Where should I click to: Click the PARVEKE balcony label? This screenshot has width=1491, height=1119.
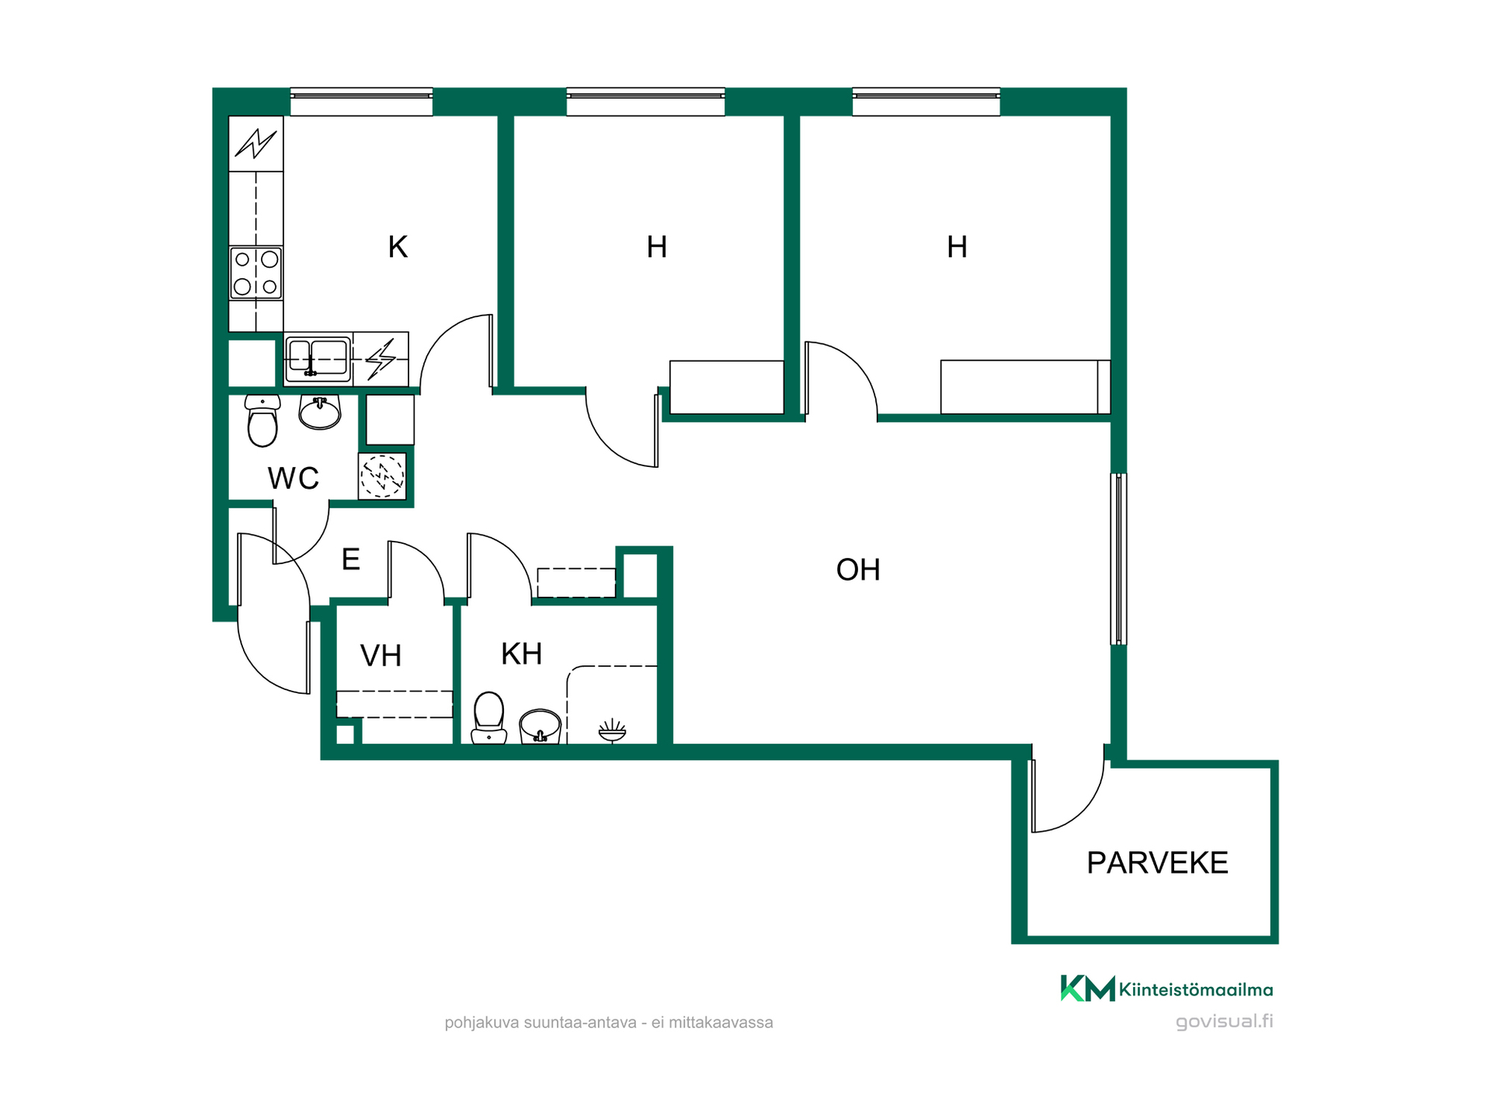pyautogui.click(x=1157, y=863)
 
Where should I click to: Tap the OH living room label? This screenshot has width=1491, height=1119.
pyautogui.click(x=858, y=570)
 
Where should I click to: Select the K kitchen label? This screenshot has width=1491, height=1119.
pyautogui.click(x=398, y=247)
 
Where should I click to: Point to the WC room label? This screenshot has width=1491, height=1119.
pyautogui.click(x=294, y=479)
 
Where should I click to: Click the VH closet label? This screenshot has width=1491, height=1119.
pyautogui.click(x=381, y=656)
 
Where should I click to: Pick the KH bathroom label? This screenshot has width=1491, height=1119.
pyautogui.click(x=521, y=654)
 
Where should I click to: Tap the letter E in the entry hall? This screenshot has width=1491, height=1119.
pyautogui.click(x=351, y=559)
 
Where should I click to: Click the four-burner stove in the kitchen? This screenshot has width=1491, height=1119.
pyautogui.click(x=256, y=273)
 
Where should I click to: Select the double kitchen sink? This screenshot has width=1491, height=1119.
pyautogui.click(x=318, y=358)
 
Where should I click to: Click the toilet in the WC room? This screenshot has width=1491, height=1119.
pyautogui.click(x=262, y=420)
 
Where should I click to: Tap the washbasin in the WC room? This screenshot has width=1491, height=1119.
pyautogui.click(x=320, y=412)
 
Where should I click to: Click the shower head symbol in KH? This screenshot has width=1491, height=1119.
pyautogui.click(x=612, y=730)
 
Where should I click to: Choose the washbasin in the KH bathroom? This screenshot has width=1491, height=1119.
pyautogui.click(x=540, y=727)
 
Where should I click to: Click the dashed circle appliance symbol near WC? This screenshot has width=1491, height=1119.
pyautogui.click(x=382, y=476)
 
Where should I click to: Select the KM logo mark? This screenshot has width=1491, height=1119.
pyautogui.click(x=1087, y=988)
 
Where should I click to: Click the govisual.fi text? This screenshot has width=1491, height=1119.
pyautogui.click(x=1225, y=1022)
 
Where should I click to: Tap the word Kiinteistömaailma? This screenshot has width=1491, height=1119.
pyautogui.click(x=1196, y=990)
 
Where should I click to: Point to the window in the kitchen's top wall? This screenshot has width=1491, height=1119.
pyautogui.click(x=361, y=102)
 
